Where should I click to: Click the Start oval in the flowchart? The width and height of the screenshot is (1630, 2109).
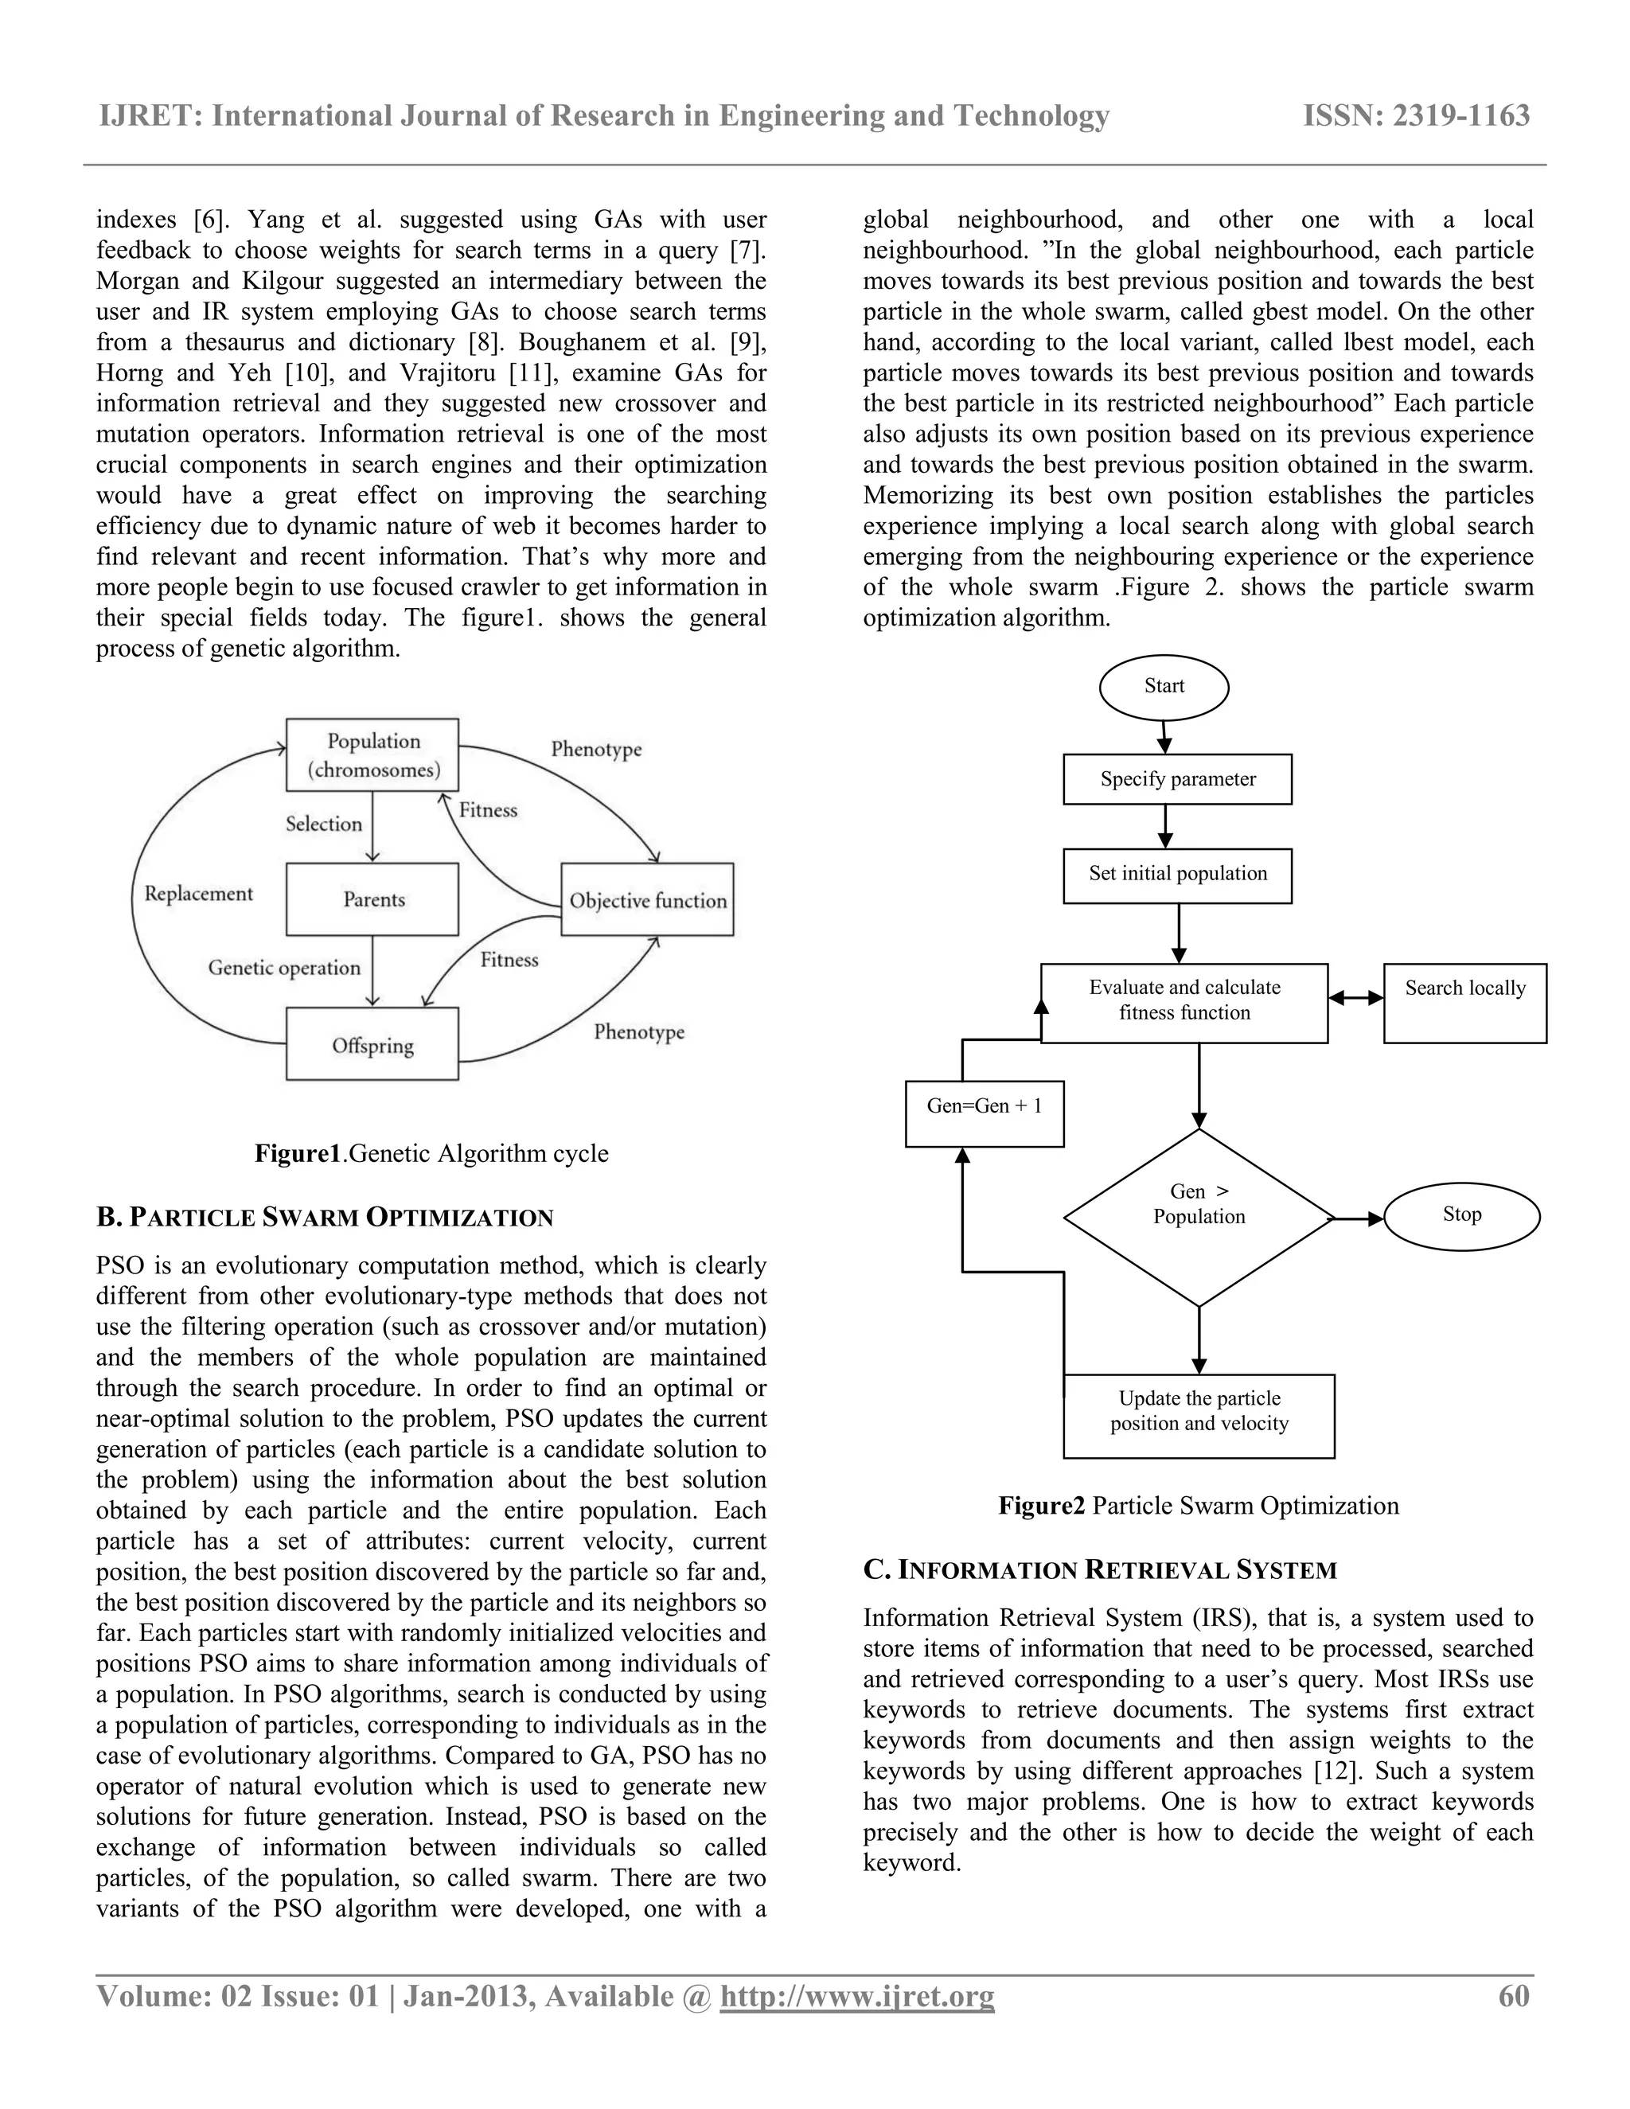point(1164,688)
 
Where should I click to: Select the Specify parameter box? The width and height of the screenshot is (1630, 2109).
point(1177,779)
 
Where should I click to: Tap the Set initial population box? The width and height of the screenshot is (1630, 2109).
point(1177,875)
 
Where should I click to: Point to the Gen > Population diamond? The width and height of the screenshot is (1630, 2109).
point(1199,1217)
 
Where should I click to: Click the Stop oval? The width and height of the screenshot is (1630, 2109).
point(1461,1216)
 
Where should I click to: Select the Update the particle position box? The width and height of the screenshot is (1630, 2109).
point(1199,1416)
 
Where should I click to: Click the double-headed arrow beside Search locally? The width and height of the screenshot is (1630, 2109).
point(1355,999)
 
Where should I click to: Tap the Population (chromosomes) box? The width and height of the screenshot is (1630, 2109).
point(372,755)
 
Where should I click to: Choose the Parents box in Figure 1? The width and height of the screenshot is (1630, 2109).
point(372,899)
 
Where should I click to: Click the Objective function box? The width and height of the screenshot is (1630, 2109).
point(647,900)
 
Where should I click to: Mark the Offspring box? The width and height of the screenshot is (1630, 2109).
point(372,1045)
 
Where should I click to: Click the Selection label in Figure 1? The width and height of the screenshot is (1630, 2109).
point(323,824)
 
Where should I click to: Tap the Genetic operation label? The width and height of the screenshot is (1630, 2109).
point(284,968)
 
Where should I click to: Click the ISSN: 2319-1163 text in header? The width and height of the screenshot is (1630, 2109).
point(1416,116)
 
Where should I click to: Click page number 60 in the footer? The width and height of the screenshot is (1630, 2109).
point(1513,1996)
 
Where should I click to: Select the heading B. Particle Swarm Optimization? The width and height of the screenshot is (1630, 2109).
point(325,1217)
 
